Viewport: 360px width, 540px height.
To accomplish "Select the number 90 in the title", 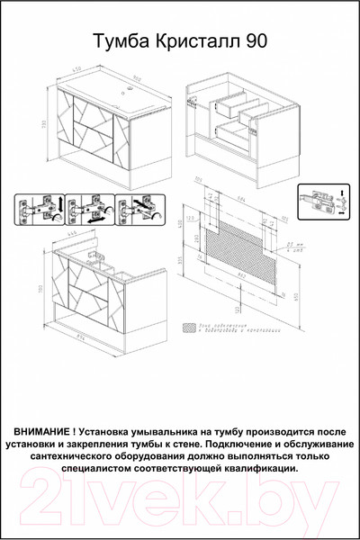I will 256,40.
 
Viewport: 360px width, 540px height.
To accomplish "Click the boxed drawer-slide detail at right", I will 323,202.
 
